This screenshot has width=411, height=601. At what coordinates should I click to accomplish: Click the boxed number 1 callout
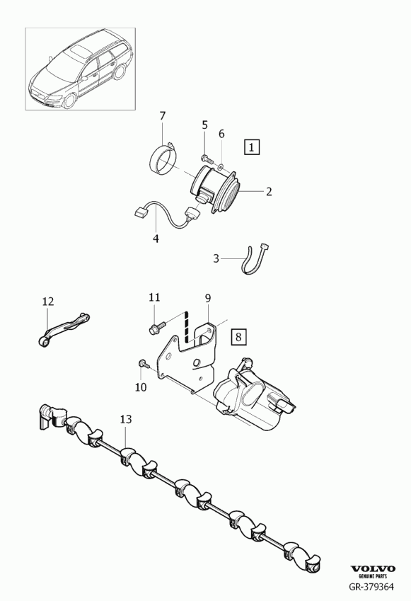click(x=251, y=147)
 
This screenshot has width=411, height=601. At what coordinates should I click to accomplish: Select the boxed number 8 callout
click(x=238, y=337)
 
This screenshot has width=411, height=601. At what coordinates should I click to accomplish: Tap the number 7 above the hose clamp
click(x=163, y=116)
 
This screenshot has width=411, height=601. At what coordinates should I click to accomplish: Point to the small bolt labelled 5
click(x=206, y=156)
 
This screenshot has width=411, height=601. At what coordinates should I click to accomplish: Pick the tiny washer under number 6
click(x=221, y=166)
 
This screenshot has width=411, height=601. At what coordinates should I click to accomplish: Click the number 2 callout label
click(x=269, y=191)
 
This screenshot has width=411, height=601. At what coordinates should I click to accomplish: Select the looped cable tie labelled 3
click(x=255, y=260)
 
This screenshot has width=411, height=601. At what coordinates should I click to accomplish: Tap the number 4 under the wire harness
click(x=156, y=238)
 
